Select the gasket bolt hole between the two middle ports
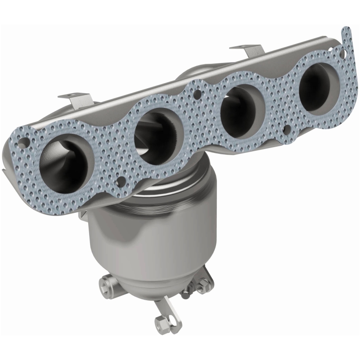197,95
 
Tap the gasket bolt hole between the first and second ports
120,181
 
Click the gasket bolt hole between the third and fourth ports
286,130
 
